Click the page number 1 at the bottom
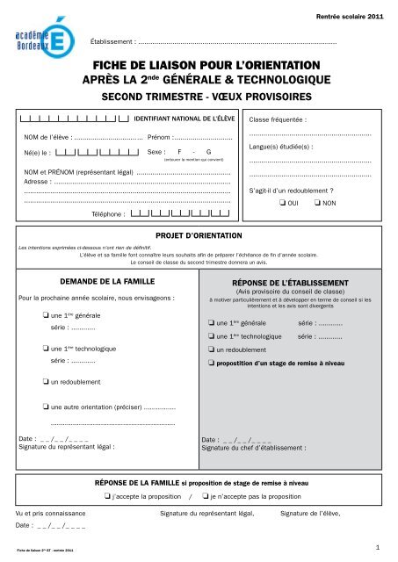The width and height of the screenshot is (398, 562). point(376,548)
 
